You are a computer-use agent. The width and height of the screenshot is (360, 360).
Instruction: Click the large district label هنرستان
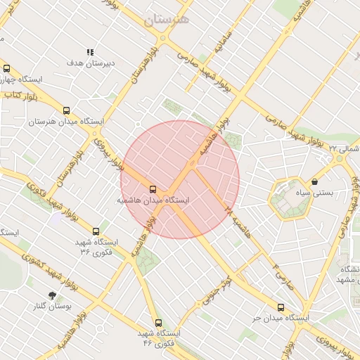pos(167,20)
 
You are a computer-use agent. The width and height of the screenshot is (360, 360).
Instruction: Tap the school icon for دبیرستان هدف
pos(90,52)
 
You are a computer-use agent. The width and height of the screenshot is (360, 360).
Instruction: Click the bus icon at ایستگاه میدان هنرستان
pos(66,110)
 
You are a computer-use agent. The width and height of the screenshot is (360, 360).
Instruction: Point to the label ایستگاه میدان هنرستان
pos(66,122)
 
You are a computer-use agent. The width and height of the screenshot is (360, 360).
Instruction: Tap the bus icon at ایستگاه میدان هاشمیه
pos(153,189)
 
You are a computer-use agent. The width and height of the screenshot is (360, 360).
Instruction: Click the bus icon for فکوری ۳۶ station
pos(96,231)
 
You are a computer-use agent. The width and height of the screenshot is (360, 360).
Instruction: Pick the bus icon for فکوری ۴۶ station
pos(158,323)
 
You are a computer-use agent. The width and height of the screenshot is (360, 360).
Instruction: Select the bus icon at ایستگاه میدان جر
pos(281,307)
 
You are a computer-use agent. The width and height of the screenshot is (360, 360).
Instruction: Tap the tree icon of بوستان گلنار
pos(51,295)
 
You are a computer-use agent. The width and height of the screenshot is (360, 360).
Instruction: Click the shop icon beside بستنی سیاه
pos(314,181)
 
